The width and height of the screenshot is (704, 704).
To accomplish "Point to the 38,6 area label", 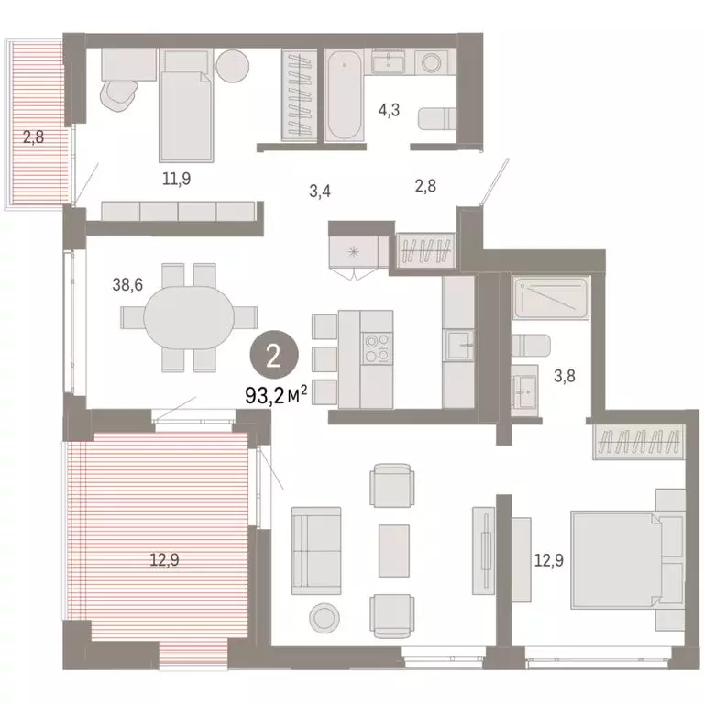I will [x=126, y=285].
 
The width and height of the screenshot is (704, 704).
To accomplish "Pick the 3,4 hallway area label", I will [x=320, y=192].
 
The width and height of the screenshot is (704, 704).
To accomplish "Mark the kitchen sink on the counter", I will [x=457, y=346].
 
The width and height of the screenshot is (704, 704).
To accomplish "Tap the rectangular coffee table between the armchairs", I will [x=395, y=549].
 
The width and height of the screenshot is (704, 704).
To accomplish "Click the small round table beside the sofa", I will [x=324, y=616].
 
